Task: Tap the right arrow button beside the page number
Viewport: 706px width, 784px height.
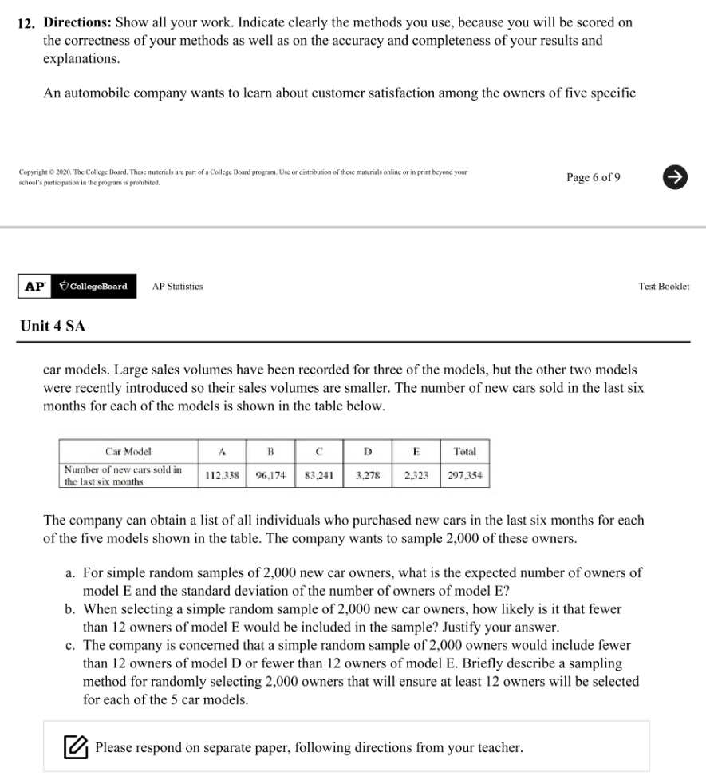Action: tap(675, 177)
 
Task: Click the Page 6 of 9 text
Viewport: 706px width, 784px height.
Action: tap(593, 177)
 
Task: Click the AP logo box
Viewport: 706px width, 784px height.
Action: tap(34, 286)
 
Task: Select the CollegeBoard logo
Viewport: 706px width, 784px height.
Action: tap(94, 286)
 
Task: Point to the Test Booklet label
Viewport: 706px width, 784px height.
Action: tap(664, 286)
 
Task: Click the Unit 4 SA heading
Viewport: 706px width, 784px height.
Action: tap(53, 326)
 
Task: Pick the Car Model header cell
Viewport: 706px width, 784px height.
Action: tap(128, 451)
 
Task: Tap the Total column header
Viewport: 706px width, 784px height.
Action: tap(464, 451)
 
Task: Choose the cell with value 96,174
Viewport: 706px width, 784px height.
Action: tap(271, 475)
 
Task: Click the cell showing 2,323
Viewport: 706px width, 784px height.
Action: tap(416, 475)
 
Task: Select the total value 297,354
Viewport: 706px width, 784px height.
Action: tap(464, 475)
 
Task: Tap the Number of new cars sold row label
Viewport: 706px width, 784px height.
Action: tap(123, 475)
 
